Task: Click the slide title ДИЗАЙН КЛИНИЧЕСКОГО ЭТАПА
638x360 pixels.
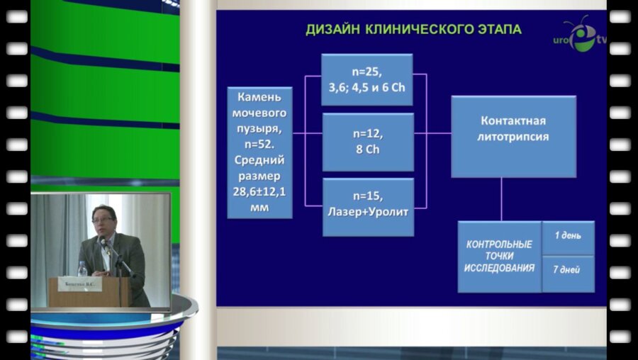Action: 413,30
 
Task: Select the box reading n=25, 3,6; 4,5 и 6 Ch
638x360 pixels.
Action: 366,79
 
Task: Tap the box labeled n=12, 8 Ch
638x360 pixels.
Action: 367,142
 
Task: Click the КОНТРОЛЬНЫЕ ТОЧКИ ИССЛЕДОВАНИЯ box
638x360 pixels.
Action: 499,257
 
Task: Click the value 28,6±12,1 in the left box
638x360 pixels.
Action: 259,191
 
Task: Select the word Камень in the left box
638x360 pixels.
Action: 259,97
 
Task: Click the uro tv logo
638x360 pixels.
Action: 581,37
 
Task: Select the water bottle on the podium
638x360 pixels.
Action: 82,269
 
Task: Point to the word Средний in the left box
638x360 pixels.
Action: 259,160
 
